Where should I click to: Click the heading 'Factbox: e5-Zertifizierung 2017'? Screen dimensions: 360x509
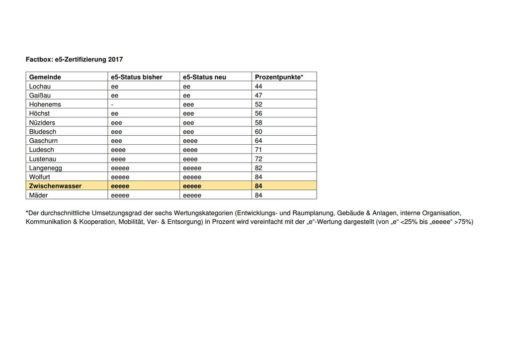point(74,59)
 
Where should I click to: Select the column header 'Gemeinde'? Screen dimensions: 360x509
point(45,77)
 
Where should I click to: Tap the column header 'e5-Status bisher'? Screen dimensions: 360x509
point(137,77)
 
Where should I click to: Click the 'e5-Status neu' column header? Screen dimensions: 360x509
point(204,77)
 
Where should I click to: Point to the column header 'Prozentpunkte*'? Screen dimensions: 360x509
point(279,77)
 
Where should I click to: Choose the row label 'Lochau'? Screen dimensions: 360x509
point(40,86)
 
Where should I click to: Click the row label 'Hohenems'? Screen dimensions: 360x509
point(45,104)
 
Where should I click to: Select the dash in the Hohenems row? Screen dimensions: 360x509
point(112,104)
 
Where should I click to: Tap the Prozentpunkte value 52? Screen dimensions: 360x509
point(258,104)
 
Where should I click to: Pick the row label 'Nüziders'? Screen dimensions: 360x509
point(42,122)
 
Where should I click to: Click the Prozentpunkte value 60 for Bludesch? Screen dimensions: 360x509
point(258,132)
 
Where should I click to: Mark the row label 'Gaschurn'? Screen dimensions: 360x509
point(43,141)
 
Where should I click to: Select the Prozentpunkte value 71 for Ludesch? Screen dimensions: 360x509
point(258,150)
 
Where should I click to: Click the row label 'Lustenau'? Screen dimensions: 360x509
point(43,159)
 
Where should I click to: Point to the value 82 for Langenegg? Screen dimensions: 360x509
point(258,168)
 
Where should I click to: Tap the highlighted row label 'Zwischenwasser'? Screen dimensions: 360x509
point(55,186)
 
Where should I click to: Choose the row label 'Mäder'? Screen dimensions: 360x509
point(39,195)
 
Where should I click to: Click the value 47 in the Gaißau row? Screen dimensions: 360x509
point(258,95)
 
